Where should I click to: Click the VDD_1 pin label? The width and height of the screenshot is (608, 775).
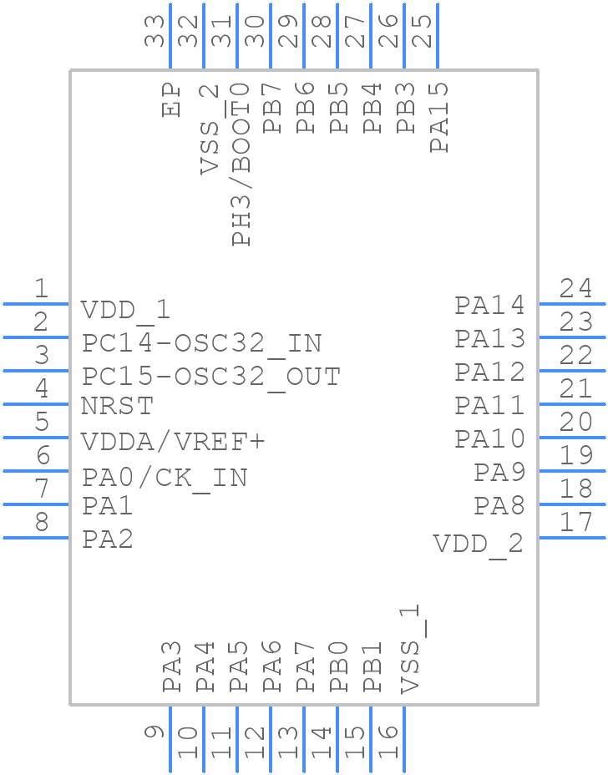[126, 311]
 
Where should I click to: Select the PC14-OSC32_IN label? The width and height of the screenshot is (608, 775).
[201, 343]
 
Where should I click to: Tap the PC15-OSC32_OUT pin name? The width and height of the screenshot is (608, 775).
[210, 377]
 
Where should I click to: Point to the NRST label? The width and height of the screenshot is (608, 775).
[117, 407]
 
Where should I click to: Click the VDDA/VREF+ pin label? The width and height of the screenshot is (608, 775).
[172, 441]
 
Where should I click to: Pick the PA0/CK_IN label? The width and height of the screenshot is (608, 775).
[165, 478]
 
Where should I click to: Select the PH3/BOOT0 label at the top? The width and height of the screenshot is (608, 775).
[241, 164]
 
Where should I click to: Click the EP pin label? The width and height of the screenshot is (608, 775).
[172, 99]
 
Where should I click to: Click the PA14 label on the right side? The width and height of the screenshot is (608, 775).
[490, 306]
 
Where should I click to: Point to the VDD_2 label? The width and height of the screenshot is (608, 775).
[478, 545]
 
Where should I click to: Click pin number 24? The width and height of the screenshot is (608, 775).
[576, 289]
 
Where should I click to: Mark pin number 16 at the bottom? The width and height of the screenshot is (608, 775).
[388, 741]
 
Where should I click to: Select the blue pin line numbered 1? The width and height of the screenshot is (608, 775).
[36, 304]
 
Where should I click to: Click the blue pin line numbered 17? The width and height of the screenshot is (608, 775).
[572, 538]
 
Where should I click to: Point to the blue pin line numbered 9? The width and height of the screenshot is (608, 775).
[170, 739]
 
